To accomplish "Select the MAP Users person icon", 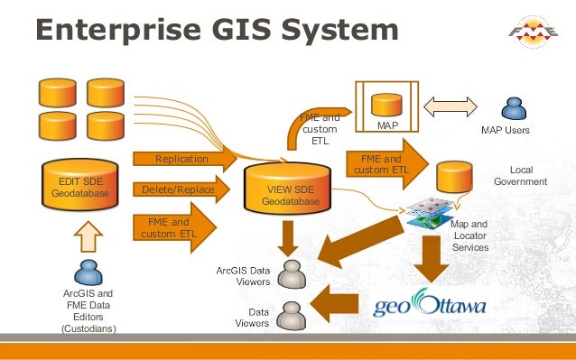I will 514,109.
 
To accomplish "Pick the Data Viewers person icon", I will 291,315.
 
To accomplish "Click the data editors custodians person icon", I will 88,273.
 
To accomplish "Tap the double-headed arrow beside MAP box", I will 456,106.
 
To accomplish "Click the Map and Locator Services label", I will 469,235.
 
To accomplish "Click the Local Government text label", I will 520,175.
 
